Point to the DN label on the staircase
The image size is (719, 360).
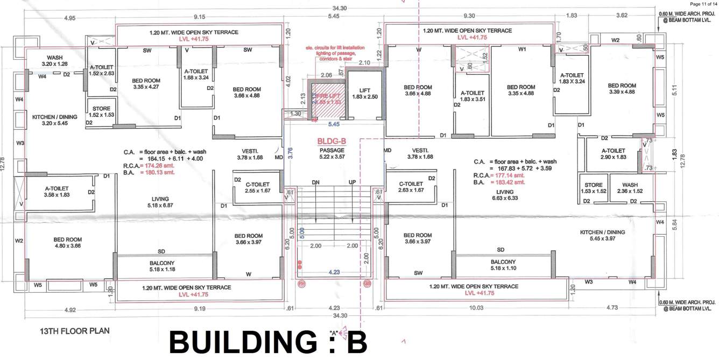point(315,183)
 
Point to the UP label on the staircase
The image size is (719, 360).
point(353,183)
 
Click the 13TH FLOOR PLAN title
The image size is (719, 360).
point(75,331)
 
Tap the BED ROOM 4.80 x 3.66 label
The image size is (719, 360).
point(67,243)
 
